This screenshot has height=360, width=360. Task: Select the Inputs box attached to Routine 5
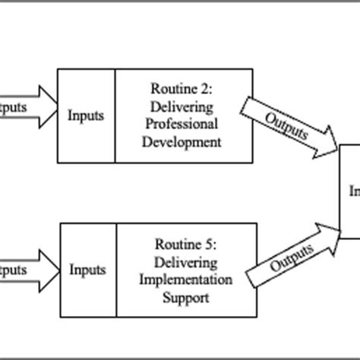(x=87, y=269)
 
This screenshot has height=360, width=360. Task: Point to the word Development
(x=185, y=141)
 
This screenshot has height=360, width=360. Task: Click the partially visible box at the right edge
(x=349, y=190)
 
